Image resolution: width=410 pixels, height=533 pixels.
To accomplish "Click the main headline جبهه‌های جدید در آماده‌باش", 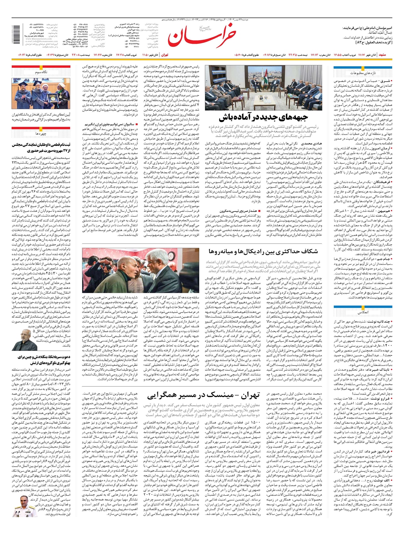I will coord(263,117).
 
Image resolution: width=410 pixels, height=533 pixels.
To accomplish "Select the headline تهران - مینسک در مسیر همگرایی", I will coord(204,395).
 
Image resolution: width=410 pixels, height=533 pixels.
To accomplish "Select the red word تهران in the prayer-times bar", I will coord(165,55).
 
